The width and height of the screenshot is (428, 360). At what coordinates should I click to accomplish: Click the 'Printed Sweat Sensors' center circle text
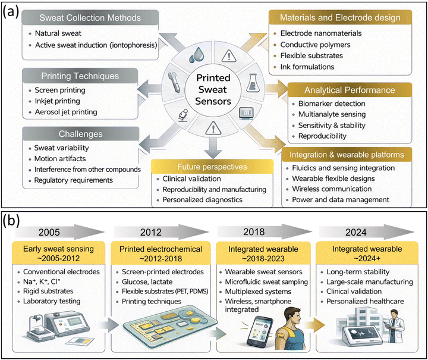213,90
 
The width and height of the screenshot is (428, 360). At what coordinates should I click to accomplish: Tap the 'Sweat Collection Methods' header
90,18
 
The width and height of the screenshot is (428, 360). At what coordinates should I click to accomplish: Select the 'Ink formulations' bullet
307,67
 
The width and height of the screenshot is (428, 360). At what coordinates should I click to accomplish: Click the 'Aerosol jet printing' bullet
66,112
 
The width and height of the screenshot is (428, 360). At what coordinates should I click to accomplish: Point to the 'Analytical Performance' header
350,90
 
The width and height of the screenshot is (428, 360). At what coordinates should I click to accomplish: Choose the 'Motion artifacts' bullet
60,159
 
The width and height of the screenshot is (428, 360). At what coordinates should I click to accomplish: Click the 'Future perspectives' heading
212,167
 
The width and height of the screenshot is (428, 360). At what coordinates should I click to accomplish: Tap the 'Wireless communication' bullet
332,189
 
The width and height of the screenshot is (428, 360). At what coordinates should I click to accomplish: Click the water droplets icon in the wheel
197,55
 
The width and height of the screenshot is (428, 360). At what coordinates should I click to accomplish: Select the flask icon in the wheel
253,83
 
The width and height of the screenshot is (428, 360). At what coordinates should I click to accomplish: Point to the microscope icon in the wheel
183,115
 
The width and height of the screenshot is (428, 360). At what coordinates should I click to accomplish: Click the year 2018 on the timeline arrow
254,232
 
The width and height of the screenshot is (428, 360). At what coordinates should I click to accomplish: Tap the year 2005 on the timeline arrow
49,233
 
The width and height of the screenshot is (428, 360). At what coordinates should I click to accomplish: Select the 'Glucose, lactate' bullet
147,282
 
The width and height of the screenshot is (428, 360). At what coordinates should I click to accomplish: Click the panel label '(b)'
11,220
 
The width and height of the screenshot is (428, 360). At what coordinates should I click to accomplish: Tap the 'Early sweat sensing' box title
58,249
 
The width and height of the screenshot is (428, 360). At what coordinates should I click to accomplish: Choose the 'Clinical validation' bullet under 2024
354,292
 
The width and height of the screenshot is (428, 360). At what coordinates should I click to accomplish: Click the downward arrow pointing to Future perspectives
213,149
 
